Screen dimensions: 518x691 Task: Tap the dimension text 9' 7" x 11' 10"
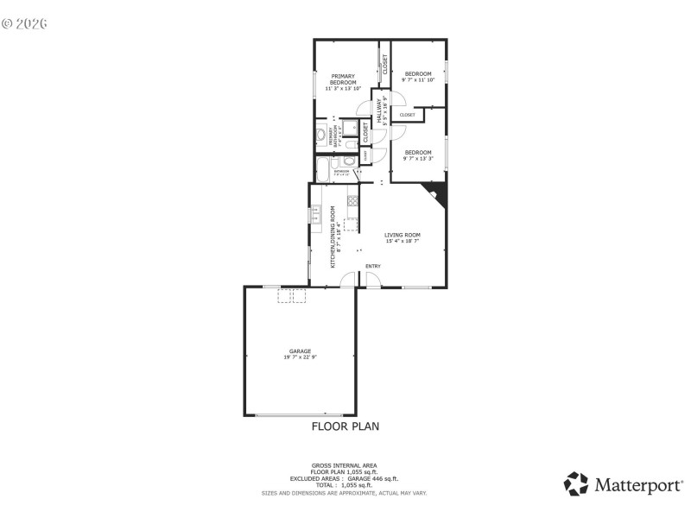pos(418,80)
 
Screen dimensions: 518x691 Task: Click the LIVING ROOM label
pos(403,235)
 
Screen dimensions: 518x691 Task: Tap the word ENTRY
pos(373,266)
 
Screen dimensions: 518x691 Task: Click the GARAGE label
pos(300,351)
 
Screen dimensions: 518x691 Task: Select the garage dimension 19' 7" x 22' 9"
pos(300,357)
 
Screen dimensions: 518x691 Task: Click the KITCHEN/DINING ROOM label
pos(333,230)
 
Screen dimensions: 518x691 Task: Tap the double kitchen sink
pos(315,213)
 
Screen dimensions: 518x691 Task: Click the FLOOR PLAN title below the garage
pos(345,426)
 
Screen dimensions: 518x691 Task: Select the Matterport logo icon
pos(576,483)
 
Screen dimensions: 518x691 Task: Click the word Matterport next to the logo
pos(637,484)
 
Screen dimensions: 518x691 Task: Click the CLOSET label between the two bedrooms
pos(407,115)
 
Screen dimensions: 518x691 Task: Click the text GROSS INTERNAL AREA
pos(344,465)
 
